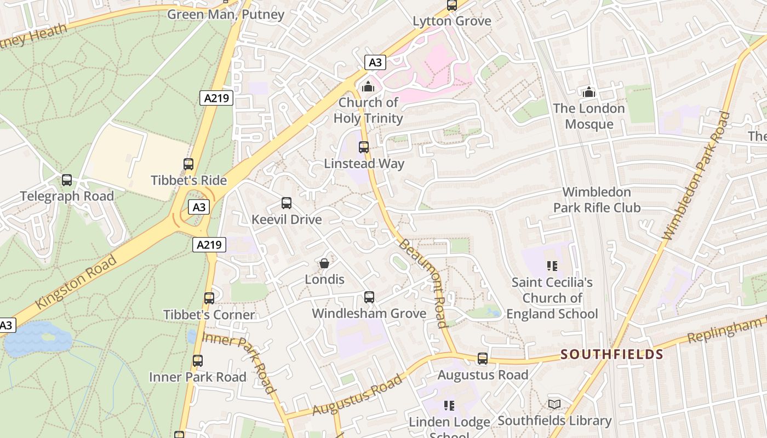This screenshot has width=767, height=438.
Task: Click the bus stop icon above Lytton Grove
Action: pyautogui.click(x=452, y=5)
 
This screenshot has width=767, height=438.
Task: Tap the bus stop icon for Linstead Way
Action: pyautogui.click(x=364, y=147)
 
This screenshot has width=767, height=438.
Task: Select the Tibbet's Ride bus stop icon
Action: pyautogui.click(x=188, y=164)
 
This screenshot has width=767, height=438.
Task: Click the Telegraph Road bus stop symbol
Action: pyautogui.click(x=67, y=180)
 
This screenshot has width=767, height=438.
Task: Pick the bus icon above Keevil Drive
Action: pyautogui.click(x=287, y=204)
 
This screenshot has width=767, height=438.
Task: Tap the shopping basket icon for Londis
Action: pyautogui.click(x=324, y=264)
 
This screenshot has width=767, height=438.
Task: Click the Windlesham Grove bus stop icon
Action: pyautogui.click(x=369, y=297)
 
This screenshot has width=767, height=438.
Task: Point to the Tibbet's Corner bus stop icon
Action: pyautogui.click(x=209, y=298)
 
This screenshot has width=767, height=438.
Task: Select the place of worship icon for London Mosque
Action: pyautogui.click(x=589, y=92)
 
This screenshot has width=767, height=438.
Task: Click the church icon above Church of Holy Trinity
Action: pyautogui.click(x=368, y=87)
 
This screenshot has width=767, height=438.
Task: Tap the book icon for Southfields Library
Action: pyautogui.click(x=554, y=405)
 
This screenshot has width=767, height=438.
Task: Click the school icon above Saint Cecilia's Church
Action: pyautogui.click(x=552, y=267)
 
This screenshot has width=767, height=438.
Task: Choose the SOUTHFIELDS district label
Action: pyautogui.click(x=612, y=355)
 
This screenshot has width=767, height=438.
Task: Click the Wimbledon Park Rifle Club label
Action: pyautogui.click(x=597, y=200)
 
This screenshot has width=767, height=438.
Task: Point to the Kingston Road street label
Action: pyautogui.click(x=76, y=281)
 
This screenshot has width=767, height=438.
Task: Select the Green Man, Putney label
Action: pyautogui.click(x=226, y=14)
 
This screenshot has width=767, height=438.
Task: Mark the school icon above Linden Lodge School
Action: pyautogui.click(x=449, y=406)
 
